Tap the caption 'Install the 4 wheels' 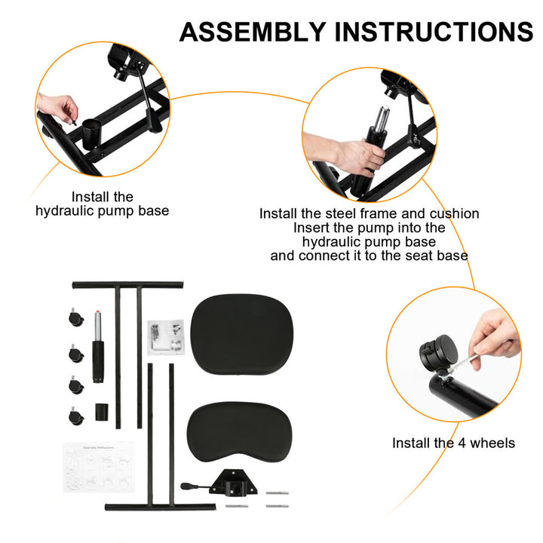coord(453,443)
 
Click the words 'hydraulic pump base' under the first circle coord(103,211)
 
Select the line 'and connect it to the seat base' coord(369,255)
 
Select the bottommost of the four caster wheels coord(75,416)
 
